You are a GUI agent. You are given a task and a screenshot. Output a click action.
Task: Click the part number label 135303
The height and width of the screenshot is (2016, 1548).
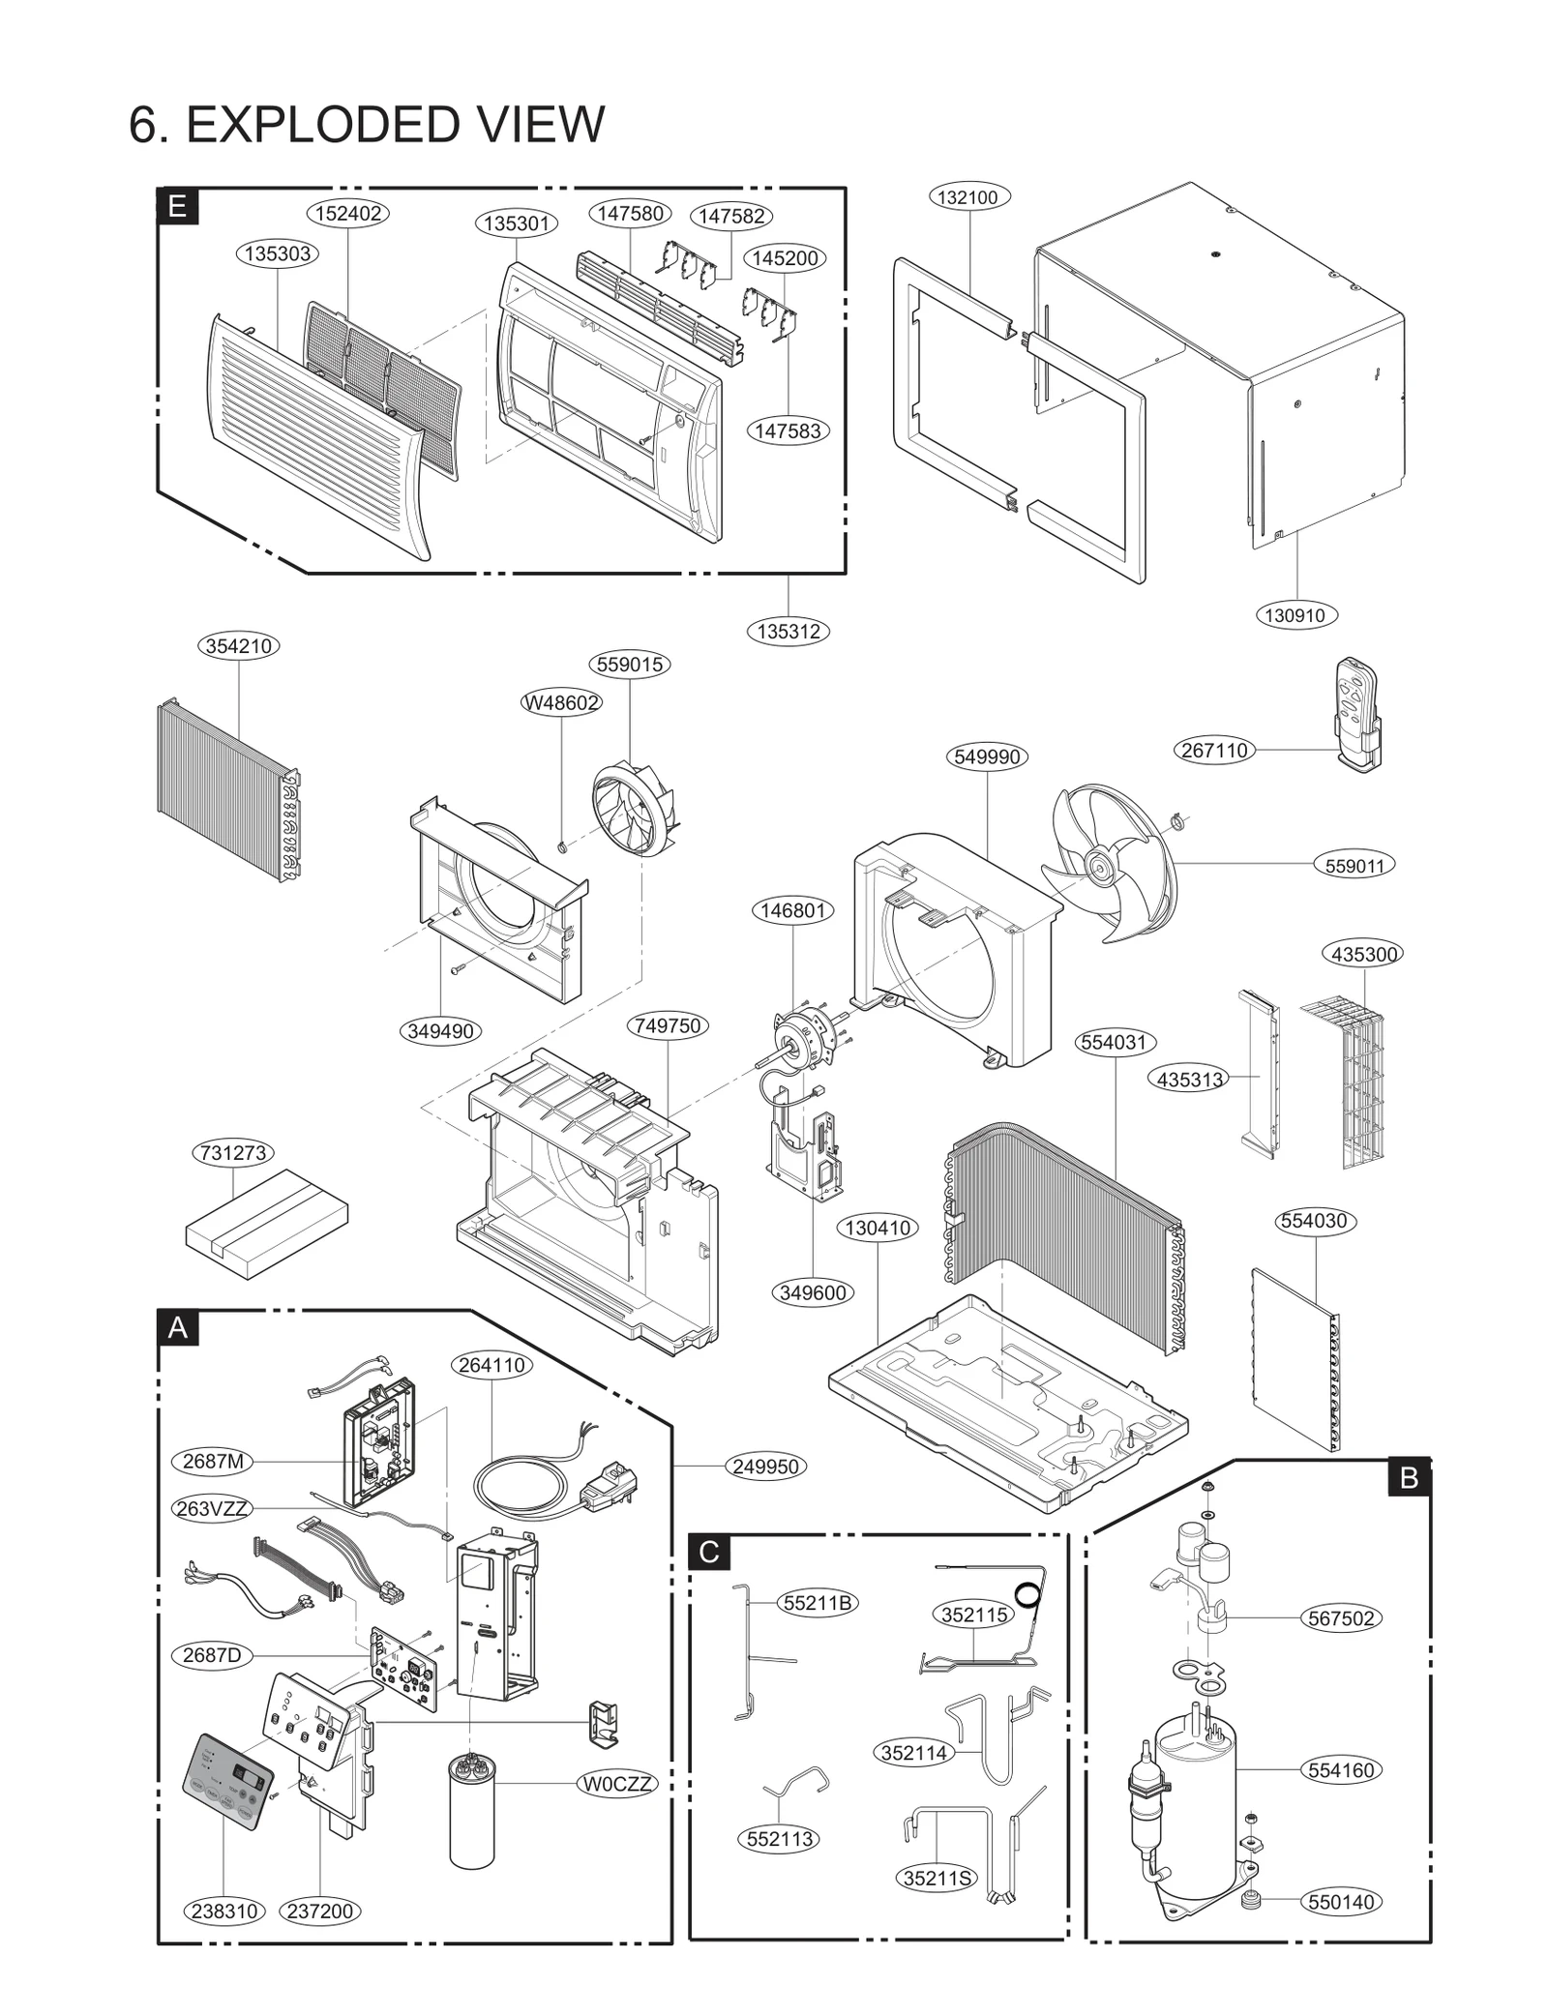277,253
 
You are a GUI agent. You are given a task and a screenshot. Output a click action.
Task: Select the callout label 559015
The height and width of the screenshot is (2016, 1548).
630,665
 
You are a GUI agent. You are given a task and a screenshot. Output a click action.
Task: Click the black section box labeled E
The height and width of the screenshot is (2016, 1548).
177,206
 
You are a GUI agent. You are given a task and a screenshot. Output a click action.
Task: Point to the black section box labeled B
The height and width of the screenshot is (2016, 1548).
1409,1478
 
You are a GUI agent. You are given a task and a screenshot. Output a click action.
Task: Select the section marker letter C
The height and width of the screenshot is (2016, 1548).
708,1553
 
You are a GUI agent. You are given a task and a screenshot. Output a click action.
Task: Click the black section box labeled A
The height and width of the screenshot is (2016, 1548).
178,1327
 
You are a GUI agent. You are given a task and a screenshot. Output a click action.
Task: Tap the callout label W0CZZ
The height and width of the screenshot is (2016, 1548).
617,1783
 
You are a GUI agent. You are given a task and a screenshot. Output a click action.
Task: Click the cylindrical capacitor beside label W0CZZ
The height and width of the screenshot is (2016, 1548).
472,1810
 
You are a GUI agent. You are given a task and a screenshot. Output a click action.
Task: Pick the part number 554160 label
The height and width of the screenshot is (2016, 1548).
1340,1770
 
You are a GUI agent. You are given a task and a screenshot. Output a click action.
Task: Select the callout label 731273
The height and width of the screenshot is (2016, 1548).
232,1153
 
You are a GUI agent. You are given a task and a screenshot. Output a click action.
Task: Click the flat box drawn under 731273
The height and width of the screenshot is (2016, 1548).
266,1222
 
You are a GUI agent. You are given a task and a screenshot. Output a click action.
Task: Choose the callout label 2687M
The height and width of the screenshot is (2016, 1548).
213,1461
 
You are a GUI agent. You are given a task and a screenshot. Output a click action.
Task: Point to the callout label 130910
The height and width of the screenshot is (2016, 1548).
1295,615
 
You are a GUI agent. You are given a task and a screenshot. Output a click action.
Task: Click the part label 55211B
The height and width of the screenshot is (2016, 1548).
817,1603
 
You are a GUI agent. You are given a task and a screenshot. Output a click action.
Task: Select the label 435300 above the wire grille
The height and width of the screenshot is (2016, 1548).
1363,954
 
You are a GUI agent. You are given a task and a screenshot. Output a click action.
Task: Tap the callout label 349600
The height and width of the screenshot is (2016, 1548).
813,1292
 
